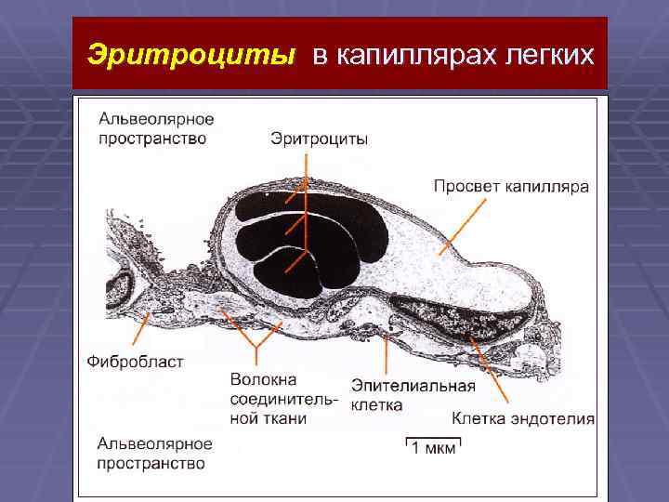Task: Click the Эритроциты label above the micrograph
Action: (319, 139)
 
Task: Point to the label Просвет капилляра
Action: (510, 186)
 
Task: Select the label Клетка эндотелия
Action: (523, 418)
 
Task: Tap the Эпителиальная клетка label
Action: (413, 395)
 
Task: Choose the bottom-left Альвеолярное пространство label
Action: (154, 453)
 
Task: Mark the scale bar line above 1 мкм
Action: (433, 436)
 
